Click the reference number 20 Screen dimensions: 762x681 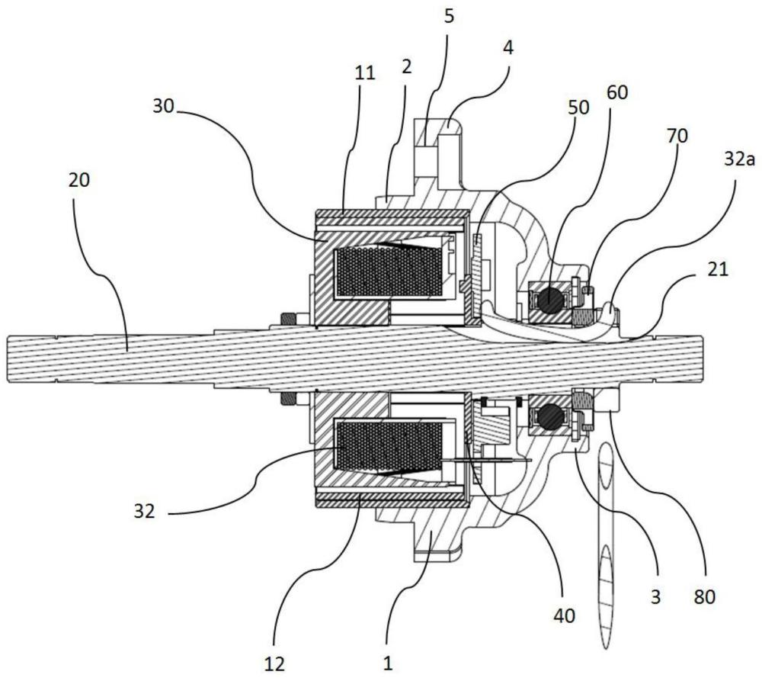(x=79, y=181)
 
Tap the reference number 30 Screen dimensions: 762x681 (x=163, y=106)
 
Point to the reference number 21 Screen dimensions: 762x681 (x=719, y=269)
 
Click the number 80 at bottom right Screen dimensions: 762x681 (x=705, y=596)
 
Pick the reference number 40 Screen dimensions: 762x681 (x=564, y=616)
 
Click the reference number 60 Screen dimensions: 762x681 (x=617, y=92)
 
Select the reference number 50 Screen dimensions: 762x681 (x=578, y=107)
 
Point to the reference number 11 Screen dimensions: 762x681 (x=365, y=73)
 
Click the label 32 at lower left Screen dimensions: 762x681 (x=144, y=511)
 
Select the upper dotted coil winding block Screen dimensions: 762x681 (x=389, y=271)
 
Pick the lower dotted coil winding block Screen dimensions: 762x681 (x=389, y=448)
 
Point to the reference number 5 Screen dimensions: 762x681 (x=449, y=16)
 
